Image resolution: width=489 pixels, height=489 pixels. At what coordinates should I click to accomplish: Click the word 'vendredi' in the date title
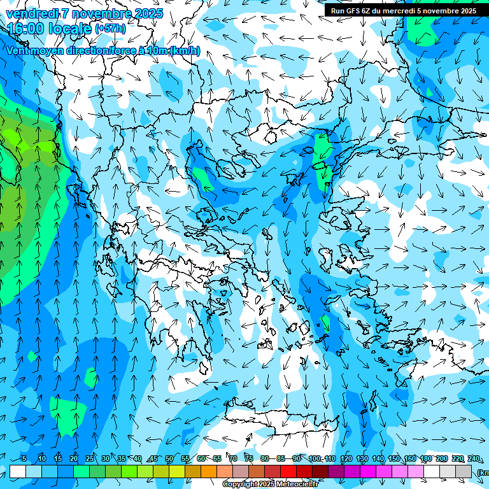pos(29,13)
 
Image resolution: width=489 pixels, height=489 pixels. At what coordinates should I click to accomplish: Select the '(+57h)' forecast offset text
pos(110,29)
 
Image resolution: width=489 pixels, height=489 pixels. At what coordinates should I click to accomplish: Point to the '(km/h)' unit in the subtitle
pos(185,51)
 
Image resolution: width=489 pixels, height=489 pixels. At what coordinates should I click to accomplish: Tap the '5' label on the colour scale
pos(24,458)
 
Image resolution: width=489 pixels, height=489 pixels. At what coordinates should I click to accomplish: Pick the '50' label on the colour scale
pos(169,458)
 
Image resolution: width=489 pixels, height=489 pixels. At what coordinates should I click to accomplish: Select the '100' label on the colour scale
pos(315,458)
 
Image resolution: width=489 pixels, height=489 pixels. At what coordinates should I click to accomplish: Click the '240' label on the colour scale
pos(474,458)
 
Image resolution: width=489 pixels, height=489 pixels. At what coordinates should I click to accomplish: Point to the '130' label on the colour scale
pos(362,458)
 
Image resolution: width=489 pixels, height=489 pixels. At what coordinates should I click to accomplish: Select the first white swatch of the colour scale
pos(18,471)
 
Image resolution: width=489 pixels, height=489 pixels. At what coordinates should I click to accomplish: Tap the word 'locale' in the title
pos(69,28)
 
